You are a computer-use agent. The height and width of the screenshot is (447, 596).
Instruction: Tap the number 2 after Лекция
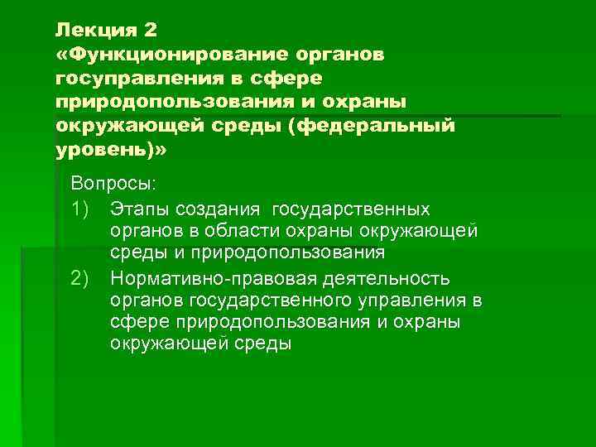148,30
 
